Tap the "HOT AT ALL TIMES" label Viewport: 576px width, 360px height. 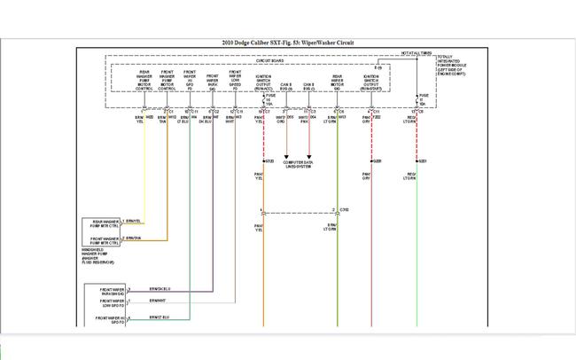pos(416,54)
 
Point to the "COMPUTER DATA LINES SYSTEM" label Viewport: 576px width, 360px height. pos(298,164)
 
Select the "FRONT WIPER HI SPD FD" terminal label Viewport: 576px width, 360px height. pos(106,319)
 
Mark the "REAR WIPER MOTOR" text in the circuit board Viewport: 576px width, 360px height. pos(337,82)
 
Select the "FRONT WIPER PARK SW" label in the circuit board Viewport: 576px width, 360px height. pos(213,82)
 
